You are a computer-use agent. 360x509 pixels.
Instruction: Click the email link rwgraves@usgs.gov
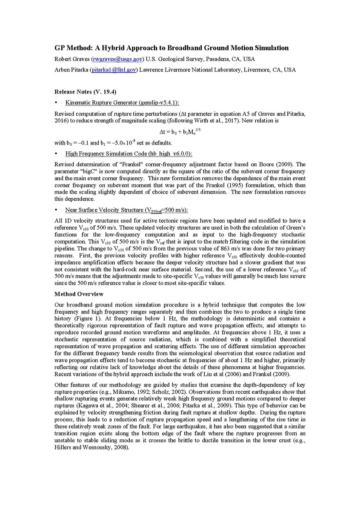tap(118, 59)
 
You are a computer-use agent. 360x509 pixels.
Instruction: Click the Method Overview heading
tap(79, 294)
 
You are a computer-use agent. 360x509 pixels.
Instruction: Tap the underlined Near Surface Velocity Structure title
tap(126, 210)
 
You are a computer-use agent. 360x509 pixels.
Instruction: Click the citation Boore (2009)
tap(274, 164)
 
